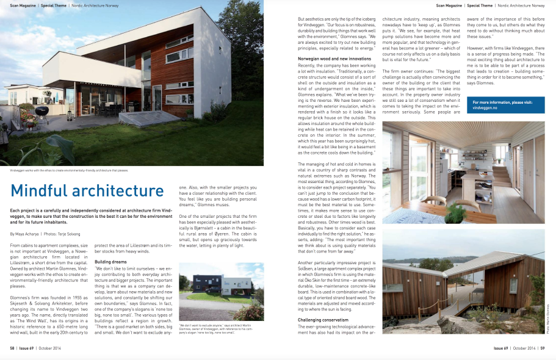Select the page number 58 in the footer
(12, 348)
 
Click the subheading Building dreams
(110, 261)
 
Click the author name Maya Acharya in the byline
(30, 234)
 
